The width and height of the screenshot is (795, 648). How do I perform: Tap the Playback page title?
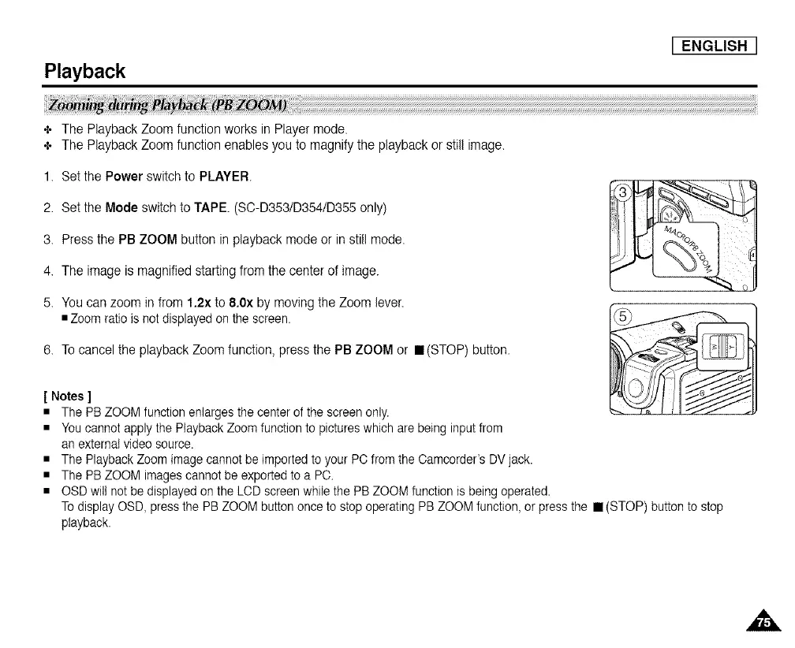pos(84,72)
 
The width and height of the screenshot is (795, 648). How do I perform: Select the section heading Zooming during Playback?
pos(168,106)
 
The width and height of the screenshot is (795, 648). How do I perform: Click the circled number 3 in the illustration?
pos(624,195)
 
